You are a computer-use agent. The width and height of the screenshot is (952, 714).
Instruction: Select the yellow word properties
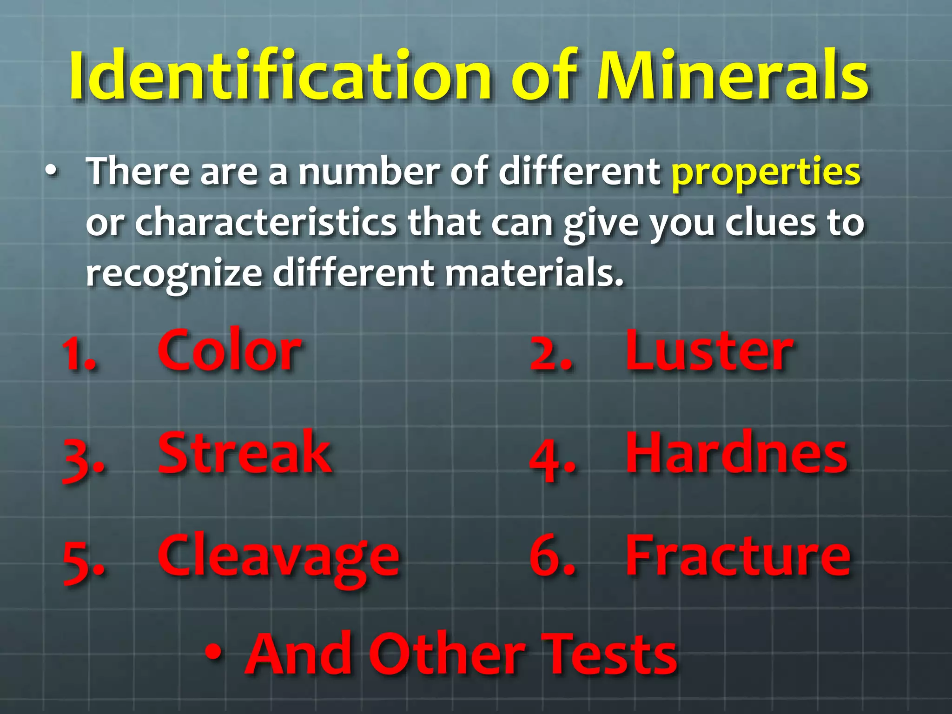pyautogui.click(x=766, y=172)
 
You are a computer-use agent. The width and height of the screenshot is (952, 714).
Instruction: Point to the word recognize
pyautogui.click(x=174, y=274)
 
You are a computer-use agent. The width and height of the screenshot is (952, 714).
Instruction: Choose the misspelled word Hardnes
pyautogui.click(x=737, y=453)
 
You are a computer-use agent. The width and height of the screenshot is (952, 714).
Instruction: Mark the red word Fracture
pyautogui.click(x=738, y=556)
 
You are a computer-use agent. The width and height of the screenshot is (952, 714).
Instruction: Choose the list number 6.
pyautogui.click(x=551, y=558)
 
